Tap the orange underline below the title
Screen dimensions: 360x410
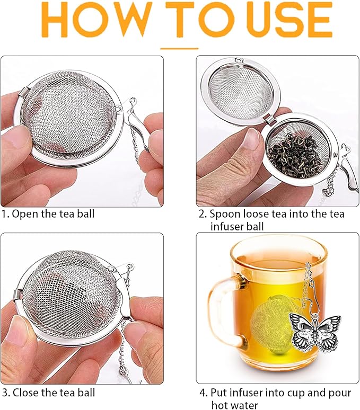click(179, 48)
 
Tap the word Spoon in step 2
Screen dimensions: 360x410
click(225, 214)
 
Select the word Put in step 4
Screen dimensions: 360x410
click(219, 393)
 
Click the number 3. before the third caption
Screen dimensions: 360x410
click(6, 393)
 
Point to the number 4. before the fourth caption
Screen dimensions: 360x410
click(204, 393)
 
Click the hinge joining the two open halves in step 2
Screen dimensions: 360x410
click(270, 119)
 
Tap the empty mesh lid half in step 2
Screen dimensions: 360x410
click(241, 92)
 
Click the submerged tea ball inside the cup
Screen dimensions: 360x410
click(272, 324)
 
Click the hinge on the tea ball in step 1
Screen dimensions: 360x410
click(23, 92)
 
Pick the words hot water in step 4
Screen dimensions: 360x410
click(234, 405)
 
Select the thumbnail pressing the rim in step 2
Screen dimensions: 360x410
click(251, 139)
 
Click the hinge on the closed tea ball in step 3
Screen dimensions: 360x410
click(19, 294)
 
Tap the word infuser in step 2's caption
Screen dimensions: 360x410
click(227, 226)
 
